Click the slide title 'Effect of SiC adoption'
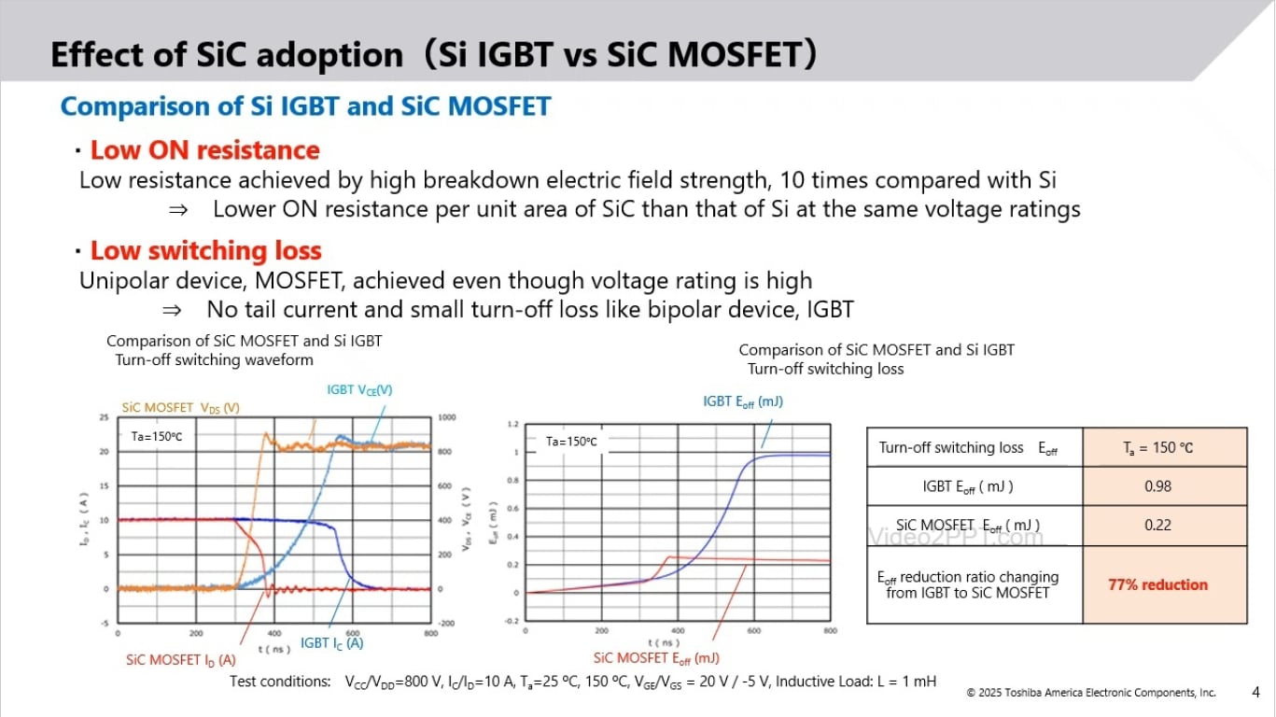tap(226, 55)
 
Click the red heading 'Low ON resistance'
tap(204, 150)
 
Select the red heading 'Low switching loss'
tap(205, 251)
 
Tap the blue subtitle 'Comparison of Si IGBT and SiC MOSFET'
tap(305, 106)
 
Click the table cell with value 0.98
tap(1157, 486)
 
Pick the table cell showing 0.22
tap(1157, 525)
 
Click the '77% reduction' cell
tap(1157, 584)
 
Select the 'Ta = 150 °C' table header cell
tap(1157, 447)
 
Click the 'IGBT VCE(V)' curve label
tap(359, 390)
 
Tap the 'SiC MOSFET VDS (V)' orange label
tap(181, 408)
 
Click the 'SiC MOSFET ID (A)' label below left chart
tap(181, 660)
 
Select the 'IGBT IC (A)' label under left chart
tap(331, 643)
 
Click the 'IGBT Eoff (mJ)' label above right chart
tap(742, 401)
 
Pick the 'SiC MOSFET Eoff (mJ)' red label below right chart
tap(656, 658)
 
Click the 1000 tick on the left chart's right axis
tap(446, 417)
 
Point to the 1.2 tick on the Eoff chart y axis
tap(512, 424)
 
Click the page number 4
tap(1255, 692)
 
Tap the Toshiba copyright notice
tap(1090, 693)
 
